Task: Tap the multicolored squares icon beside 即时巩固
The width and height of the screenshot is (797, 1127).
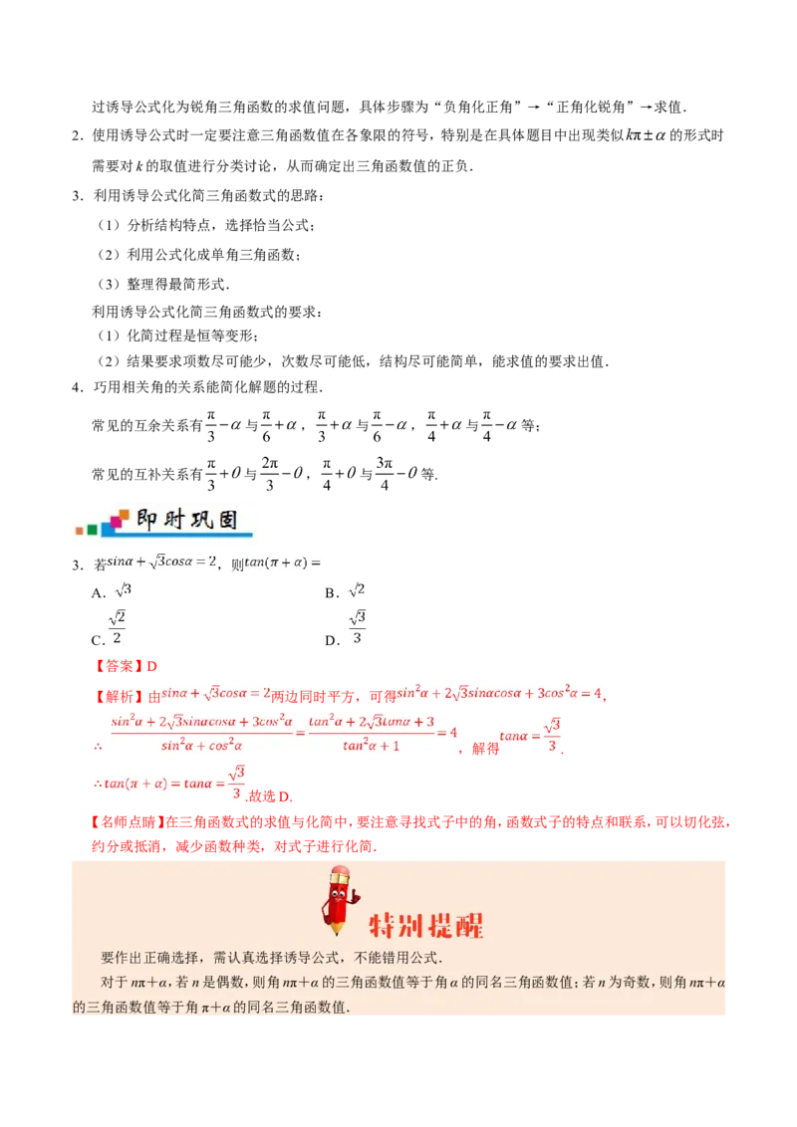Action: (103, 524)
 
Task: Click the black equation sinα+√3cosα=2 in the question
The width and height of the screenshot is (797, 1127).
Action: (159, 563)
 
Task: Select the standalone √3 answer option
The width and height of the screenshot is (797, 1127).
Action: (123, 590)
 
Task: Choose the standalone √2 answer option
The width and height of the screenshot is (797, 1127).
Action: (356, 590)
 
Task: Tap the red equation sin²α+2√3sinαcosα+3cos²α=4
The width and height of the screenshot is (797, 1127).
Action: (498, 692)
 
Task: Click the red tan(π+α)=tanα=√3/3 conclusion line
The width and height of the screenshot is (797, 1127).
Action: (167, 782)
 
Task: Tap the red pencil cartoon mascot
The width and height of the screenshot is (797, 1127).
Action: (339, 899)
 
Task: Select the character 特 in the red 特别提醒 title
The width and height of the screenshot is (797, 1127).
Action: (384, 926)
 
